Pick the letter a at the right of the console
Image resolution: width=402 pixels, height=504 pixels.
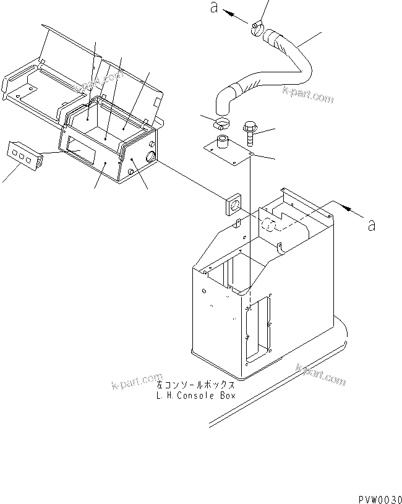371,225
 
